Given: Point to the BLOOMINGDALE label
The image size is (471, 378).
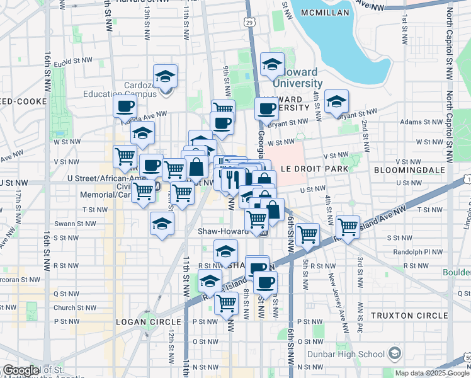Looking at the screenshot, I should point(409,170).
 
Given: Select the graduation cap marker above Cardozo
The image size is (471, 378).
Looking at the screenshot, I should point(166,77).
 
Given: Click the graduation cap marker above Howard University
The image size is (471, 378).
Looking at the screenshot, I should point(272,65).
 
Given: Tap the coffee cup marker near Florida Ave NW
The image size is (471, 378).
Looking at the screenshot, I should point(125,106).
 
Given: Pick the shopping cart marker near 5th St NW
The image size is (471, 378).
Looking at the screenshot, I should point(307,234).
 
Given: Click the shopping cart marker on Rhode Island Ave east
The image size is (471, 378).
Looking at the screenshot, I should point(348,227).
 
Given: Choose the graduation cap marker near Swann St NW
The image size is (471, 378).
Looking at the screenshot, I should point(162,224).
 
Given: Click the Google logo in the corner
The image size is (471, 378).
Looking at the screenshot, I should point(21,370).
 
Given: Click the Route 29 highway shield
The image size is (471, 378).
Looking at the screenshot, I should point(250,23).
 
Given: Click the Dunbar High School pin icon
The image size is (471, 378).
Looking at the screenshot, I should point(395,352).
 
